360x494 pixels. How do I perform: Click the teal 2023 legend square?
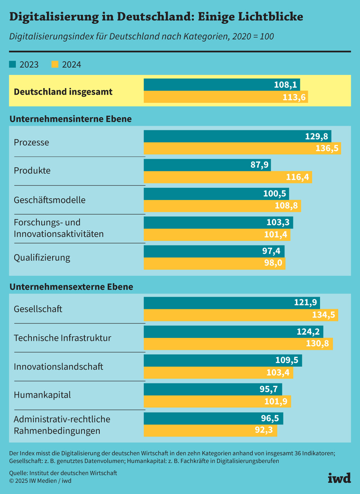(x=13, y=64)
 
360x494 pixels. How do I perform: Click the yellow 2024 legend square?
(x=55, y=64)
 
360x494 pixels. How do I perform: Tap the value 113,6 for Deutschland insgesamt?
(x=294, y=97)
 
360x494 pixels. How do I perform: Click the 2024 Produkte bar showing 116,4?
(x=228, y=177)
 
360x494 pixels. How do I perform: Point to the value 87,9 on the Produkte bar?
(x=259, y=165)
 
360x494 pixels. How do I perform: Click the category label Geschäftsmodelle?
(x=50, y=200)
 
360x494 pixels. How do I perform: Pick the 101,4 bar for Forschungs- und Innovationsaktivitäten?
(x=217, y=235)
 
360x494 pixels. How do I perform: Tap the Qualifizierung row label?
(x=42, y=258)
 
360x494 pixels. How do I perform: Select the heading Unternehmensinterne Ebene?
(x=71, y=119)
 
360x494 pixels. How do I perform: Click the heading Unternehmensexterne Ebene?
(x=71, y=287)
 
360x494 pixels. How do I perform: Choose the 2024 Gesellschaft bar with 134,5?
(x=240, y=315)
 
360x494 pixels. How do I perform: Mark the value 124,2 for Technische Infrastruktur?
(x=308, y=331)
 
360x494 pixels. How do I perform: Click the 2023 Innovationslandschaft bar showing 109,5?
(x=222, y=360)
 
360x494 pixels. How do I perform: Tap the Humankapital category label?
(x=42, y=395)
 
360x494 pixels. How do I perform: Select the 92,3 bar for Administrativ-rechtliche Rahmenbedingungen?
(x=210, y=430)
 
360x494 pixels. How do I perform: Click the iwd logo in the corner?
(x=339, y=478)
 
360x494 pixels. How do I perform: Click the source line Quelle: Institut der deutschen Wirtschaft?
(x=63, y=473)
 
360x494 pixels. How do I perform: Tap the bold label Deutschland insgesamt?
(x=63, y=92)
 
